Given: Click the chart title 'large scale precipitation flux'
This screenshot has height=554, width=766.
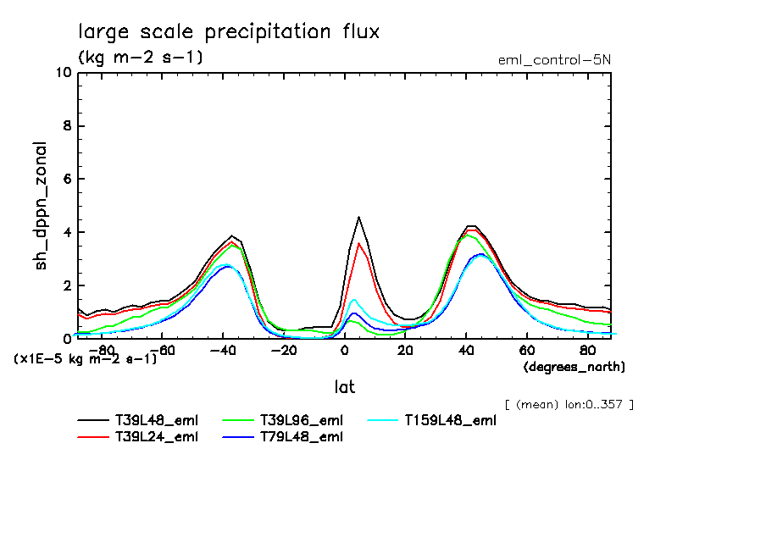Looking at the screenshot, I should [x=229, y=32].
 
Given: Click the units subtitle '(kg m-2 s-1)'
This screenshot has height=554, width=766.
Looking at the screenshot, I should [x=140, y=58].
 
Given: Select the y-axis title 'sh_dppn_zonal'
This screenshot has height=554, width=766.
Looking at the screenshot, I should [x=41, y=207].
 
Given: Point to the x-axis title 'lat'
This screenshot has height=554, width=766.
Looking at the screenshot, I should [x=343, y=387].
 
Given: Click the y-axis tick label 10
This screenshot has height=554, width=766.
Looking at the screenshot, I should [x=63, y=73].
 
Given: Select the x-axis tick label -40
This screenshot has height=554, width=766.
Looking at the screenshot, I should [x=223, y=350].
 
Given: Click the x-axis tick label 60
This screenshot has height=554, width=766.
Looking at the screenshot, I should [x=526, y=350].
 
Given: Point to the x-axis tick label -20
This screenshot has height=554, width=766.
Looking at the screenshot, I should [x=283, y=350].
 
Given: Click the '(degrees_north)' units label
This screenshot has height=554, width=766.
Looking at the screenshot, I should [x=574, y=367].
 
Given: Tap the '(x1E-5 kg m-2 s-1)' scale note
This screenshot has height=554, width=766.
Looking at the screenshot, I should [x=85, y=358].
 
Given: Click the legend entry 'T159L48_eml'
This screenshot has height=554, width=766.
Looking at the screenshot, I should [x=449, y=420].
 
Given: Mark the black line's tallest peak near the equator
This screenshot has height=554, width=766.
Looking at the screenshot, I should [x=359, y=217].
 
